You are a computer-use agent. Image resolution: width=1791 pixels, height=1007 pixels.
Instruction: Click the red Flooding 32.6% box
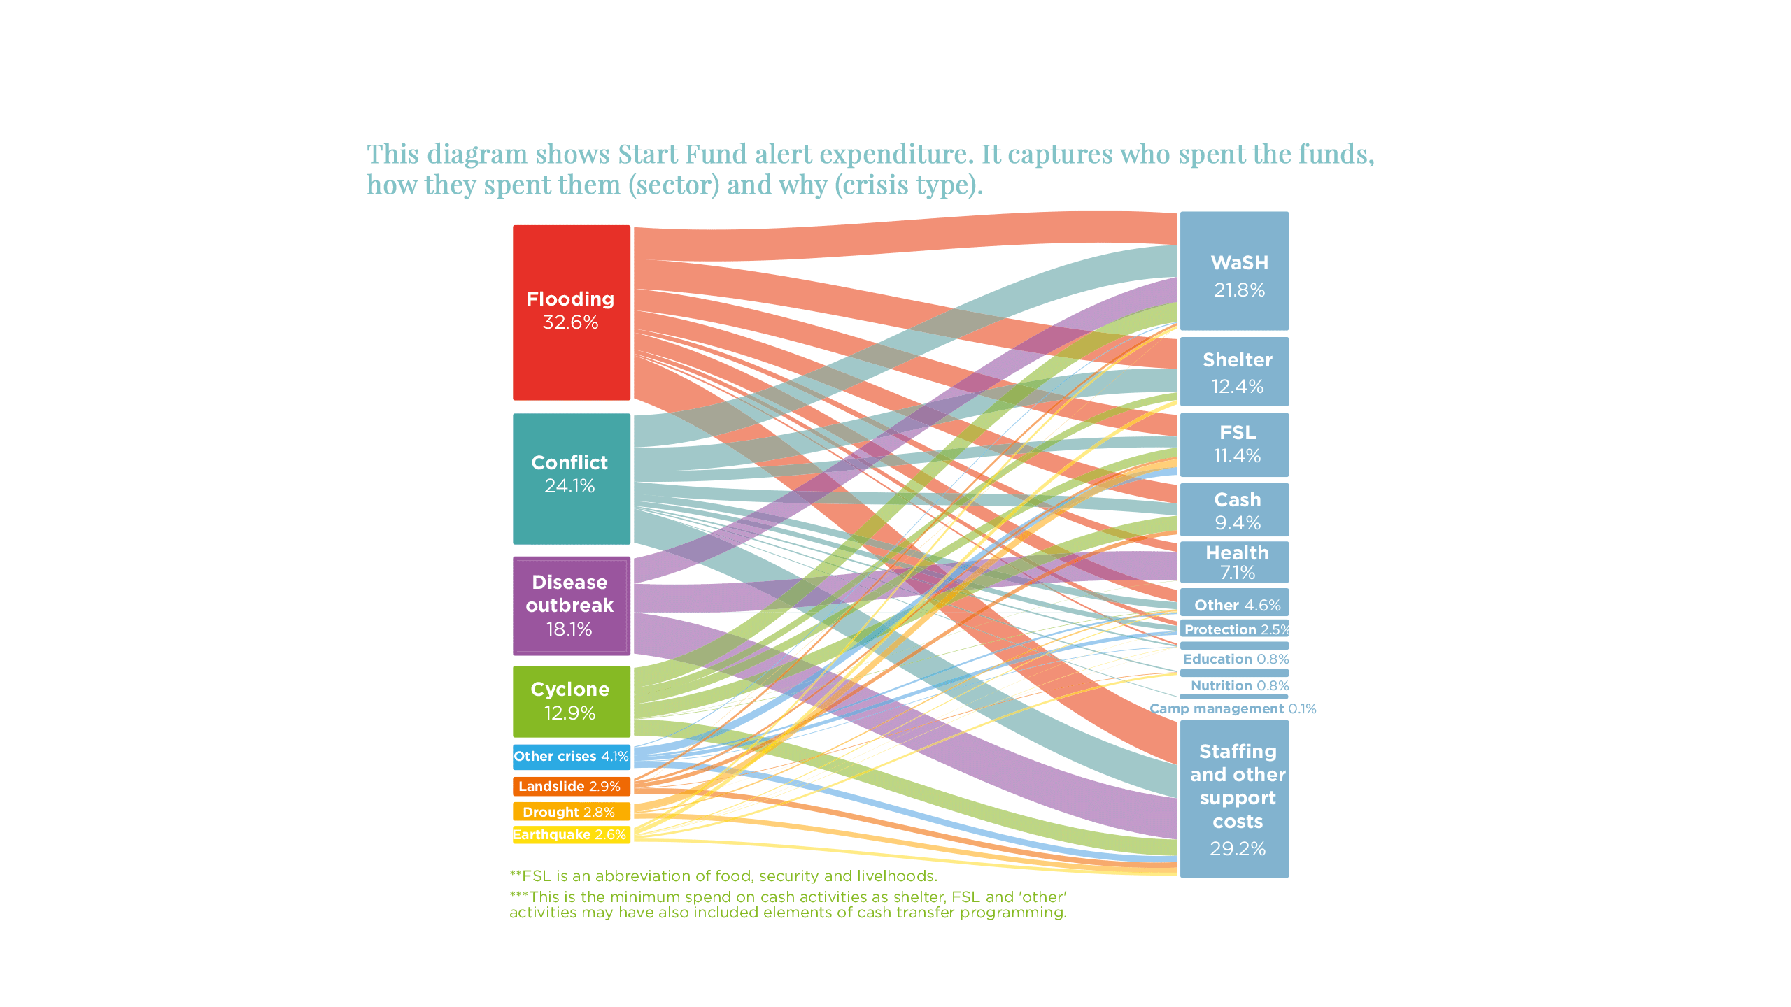click(571, 312)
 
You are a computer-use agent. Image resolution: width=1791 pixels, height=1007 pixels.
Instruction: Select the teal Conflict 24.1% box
click(571, 478)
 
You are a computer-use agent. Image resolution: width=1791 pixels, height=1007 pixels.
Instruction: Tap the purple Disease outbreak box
click(571, 606)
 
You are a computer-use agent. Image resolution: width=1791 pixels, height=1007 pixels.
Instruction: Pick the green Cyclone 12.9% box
click(571, 701)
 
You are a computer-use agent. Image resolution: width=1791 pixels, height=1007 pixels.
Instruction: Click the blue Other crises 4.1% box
click(571, 757)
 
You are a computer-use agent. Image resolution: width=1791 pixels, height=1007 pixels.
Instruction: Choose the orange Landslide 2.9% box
click(571, 786)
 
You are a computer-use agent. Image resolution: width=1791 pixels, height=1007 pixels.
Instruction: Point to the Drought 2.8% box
click(571, 812)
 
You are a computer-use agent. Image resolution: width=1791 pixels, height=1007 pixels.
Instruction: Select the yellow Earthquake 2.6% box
click(571, 834)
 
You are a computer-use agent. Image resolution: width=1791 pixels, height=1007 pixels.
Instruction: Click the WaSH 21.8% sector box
click(1234, 271)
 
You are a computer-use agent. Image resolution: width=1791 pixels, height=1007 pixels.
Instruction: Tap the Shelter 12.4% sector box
click(1234, 371)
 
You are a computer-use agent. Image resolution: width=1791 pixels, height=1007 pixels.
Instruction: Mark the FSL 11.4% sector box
click(1234, 445)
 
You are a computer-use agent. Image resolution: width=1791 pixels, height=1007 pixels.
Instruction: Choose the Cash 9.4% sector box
click(1234, 510)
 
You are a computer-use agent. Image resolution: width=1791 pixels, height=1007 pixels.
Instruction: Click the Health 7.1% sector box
click(1234, 562)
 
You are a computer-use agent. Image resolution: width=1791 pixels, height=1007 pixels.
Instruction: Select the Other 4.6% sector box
click(1234, 604)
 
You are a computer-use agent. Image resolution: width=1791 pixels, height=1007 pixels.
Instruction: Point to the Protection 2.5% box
click(1234, 629)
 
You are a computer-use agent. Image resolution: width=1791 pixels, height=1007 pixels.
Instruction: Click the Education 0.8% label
click(1236, 659)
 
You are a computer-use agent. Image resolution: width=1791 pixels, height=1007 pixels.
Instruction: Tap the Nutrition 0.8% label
click(1239, 686)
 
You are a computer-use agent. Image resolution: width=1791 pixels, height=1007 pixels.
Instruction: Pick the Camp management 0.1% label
click(1233, 709)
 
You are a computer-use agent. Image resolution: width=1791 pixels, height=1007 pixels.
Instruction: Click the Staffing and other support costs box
click(1234, 799)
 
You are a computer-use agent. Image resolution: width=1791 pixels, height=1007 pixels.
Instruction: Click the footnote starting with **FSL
click(723, 876)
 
